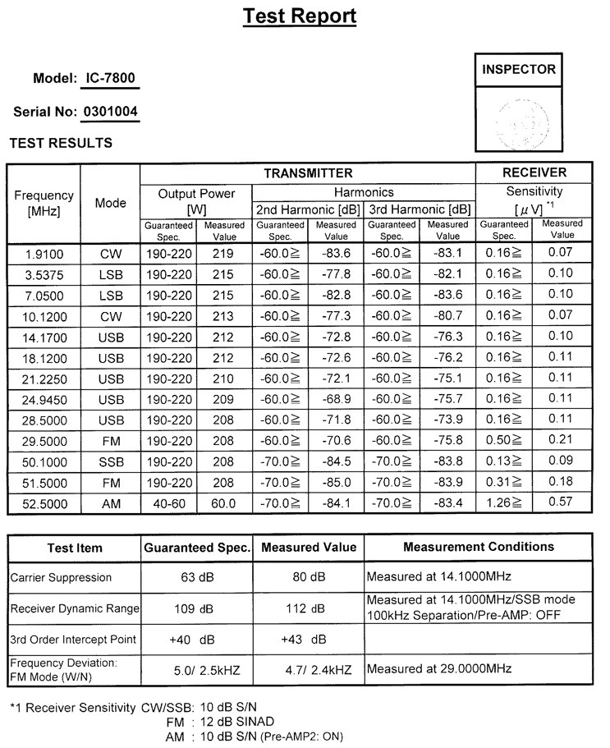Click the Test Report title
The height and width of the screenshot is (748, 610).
[300, 16]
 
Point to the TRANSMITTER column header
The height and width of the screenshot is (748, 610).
[308, 173]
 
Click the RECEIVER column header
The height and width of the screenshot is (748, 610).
[534, 173]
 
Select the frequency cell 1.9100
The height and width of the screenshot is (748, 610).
[44, 255]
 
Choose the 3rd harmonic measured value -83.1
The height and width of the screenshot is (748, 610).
[447, 255]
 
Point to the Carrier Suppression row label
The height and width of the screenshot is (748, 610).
[61, 577]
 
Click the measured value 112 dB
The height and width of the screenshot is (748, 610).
[308, 608]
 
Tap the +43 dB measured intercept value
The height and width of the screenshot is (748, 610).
[304, 640]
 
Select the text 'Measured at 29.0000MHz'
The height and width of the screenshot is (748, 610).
[439, 669]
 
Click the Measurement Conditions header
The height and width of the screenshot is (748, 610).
[478, 547]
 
